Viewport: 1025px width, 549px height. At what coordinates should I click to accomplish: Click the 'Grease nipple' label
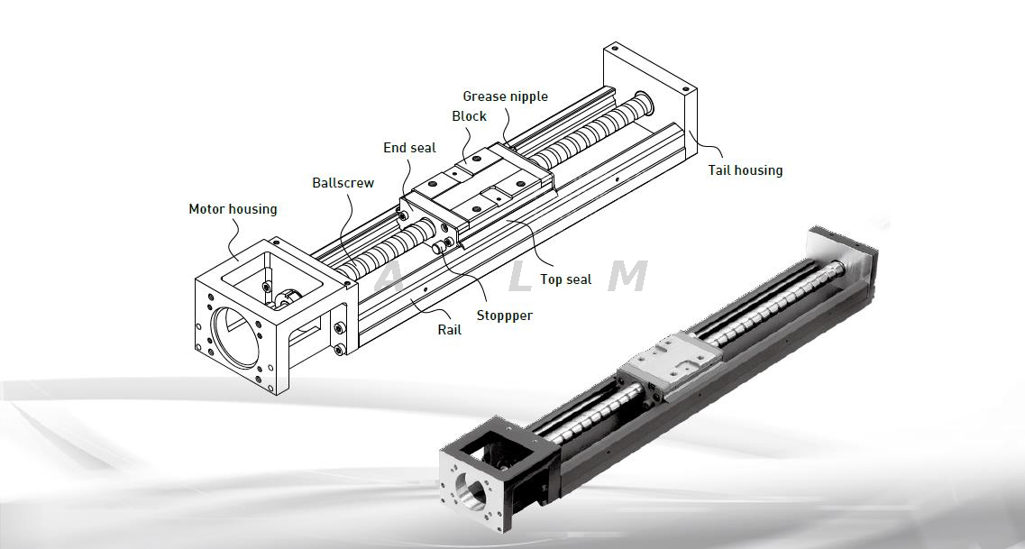(x=505, y=96)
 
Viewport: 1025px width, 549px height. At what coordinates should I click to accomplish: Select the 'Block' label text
(x=469, y=116)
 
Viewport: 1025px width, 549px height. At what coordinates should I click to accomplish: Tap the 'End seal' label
(x=409, y=148)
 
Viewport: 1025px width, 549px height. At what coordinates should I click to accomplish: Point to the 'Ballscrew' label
(x=343, y=183)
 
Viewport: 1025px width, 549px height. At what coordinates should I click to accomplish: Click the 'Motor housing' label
(x=233, y=209)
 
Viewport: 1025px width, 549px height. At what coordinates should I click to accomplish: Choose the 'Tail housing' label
(x=745, y=169)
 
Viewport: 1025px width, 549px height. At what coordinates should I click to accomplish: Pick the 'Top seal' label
(x=565, y=279)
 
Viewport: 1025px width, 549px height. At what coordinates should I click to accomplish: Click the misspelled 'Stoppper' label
(x=504, y=316)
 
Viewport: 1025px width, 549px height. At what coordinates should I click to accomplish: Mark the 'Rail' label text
(x=449, y=330)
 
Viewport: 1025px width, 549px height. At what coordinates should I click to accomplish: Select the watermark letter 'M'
(x=627, y=277)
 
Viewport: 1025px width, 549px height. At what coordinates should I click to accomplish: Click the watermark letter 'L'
(x=521, y=278)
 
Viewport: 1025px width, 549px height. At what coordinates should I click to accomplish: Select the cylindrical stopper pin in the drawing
(x=441, y=246)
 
